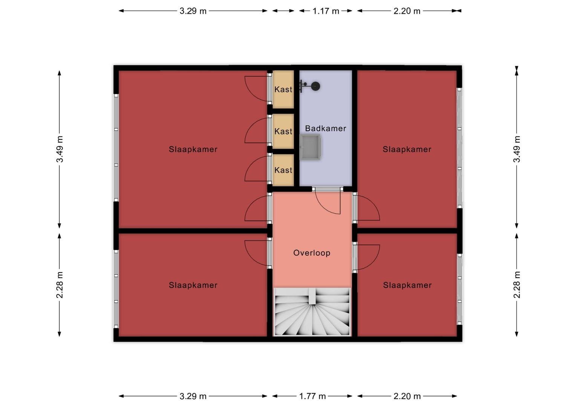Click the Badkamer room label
click(326, 128)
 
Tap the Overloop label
click(312, 253)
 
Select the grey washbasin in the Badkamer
click(310, 147)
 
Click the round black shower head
click(316, 86)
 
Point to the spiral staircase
click(313, 312)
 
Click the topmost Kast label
click(283, 89)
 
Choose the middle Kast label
click(283, 132)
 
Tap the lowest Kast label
click(283, 170)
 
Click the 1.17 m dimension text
click(326, 11)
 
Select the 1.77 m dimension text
click(313, 396)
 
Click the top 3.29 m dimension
click(193, 11)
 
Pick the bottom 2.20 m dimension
click(407, 396)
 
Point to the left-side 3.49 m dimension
click(60, 149)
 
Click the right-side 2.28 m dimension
click(517, 285)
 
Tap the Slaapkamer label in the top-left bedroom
click(193, 149)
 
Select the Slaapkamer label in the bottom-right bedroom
click(407, 285)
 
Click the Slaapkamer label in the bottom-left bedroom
click(193, 285)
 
